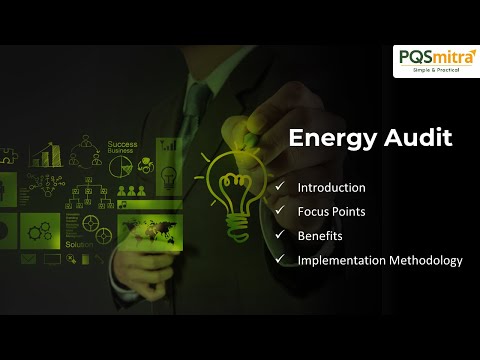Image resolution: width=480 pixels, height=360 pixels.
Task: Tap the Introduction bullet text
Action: (x=331, y=187)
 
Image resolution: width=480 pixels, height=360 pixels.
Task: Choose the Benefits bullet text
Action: (x=320, y=235)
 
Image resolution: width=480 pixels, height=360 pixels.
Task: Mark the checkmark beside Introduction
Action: (x=279, y=187)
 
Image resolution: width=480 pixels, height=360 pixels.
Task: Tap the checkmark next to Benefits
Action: (x=279, y=235)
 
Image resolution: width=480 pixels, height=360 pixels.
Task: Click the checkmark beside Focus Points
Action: (x=279, y=211)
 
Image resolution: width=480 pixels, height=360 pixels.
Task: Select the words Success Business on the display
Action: (x=122, y=148)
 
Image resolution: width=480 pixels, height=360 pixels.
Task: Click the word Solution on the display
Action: (x=79, y=245)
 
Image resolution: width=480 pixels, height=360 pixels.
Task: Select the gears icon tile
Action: (x=40, y=230)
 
